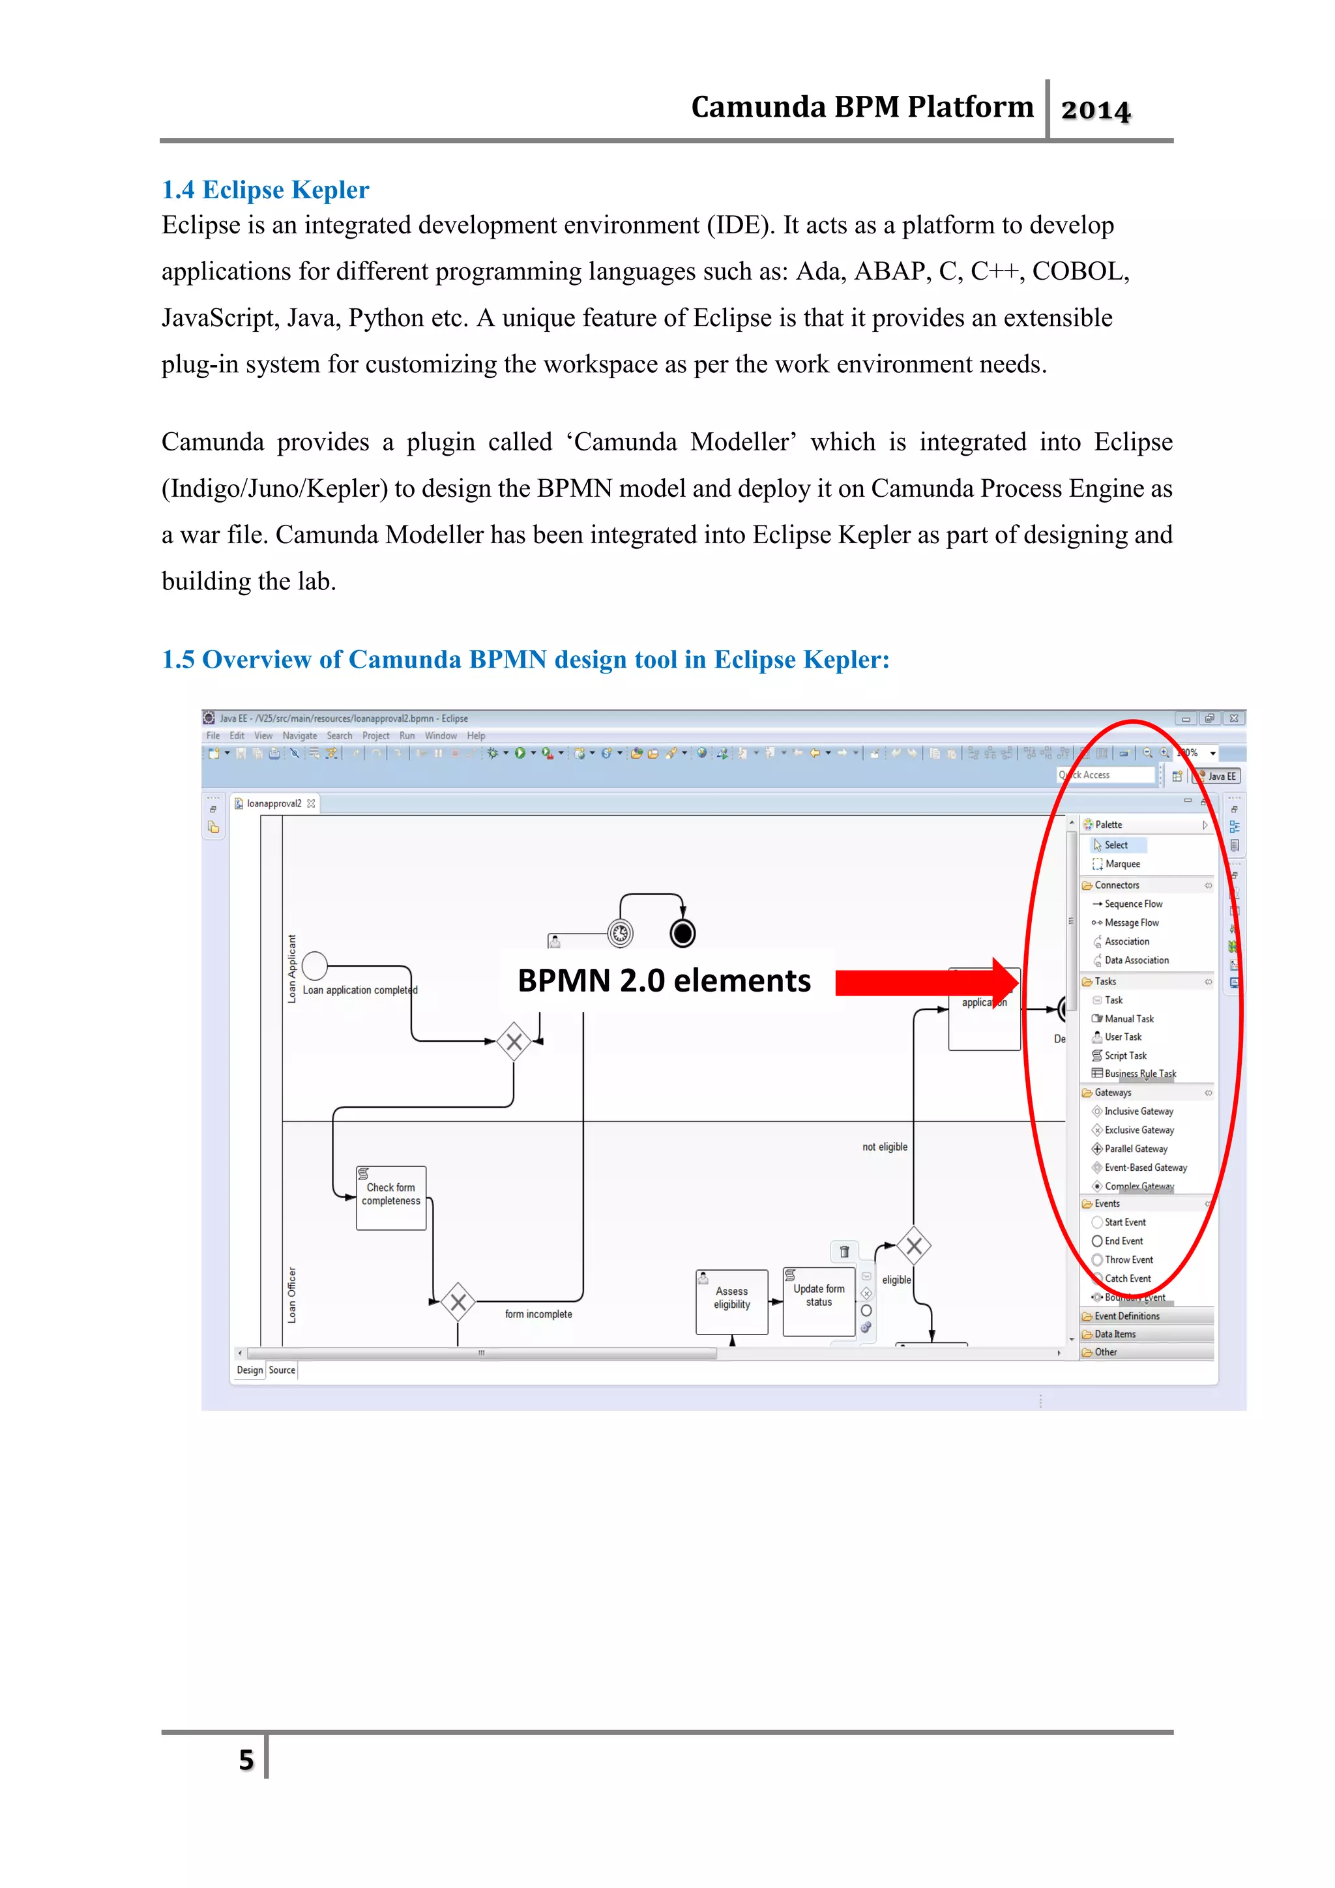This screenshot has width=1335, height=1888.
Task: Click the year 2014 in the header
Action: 1095,110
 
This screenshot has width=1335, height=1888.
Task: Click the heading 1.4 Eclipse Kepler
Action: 265,190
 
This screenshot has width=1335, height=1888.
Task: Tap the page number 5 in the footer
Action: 246,1760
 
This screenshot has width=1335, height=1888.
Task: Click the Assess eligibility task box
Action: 731,1300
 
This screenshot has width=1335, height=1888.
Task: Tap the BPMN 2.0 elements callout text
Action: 664,981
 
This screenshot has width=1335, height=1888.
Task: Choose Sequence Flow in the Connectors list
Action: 1133,904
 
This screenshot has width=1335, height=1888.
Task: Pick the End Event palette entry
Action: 1123,1241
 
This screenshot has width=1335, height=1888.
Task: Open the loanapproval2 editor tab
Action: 274,803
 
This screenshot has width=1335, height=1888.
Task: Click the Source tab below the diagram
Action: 282,1370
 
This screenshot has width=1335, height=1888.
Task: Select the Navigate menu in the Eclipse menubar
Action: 299,736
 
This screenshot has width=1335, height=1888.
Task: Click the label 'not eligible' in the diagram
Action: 885,1147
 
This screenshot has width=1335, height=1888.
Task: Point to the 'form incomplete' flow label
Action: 538,1314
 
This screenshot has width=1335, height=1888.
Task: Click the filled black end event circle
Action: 682,934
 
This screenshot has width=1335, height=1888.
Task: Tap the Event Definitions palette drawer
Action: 1126,1316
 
